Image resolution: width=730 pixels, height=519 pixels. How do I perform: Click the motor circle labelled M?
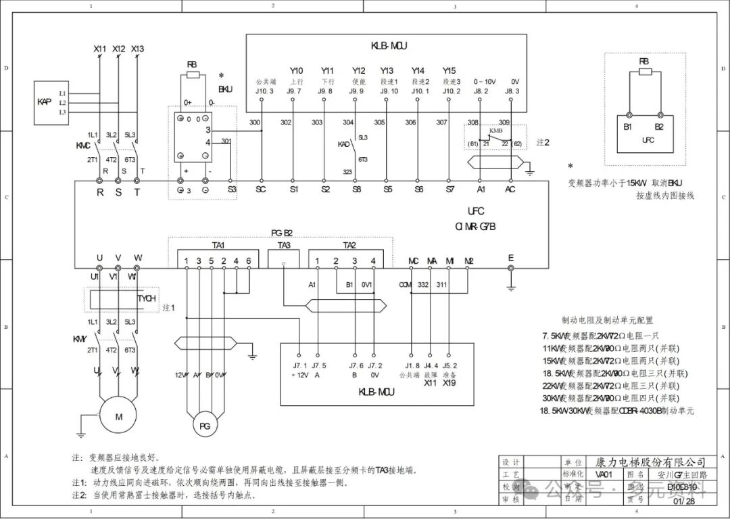[118, 417]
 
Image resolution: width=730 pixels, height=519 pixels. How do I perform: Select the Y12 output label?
[358, 70]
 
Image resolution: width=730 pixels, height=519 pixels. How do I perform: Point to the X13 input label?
[137, 49]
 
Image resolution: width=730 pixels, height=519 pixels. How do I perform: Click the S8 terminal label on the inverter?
[356, 189]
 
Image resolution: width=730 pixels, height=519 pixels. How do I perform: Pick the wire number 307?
[442, 122]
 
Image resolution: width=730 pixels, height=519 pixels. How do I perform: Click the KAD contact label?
[344, 143]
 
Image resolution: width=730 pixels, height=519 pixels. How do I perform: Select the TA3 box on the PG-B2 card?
[285, 258]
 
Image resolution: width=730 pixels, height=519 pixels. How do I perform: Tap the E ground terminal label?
[511, 257]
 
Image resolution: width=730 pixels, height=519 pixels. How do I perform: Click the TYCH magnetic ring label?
[146, 298]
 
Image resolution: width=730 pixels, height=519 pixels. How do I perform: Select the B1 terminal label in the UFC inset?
[628, 127]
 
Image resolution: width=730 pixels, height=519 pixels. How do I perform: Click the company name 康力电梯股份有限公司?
[650, 462]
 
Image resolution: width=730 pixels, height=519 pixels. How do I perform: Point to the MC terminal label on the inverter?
[414, 261]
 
